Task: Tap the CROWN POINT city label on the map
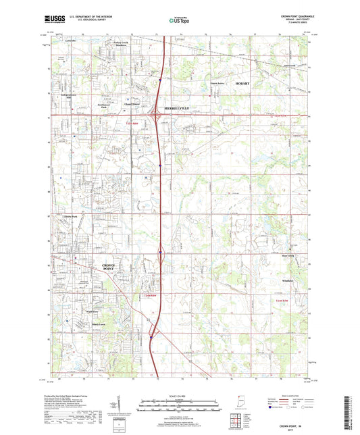pyautogui.click(x=108, y=267)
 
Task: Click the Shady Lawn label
pyautogui.click(x=100, y=324)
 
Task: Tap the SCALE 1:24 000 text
pyautogui.click(x=180, y=395)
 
